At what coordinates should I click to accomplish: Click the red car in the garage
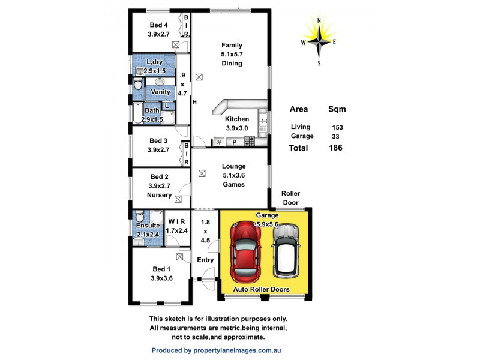pyautogui.click(x=245, y=252)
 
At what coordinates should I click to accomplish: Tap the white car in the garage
pyautogui.click(x=286, y=250)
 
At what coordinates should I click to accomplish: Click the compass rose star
pyautogui.click(x=319, y=40)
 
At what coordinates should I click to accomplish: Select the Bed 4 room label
pyautogui.click(x=158, y=25)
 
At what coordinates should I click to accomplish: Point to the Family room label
pyautogui.click(x=232, y=45)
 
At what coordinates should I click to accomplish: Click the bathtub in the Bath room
pyautogui.click(x=138, y=113)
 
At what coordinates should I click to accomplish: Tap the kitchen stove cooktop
pyautogui.click(x=249, y=141)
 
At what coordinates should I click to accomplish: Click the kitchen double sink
pyautogui.click(x=263, y=122)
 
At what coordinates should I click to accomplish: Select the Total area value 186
pyautogui.click(x=335, y=148)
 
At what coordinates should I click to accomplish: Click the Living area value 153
pyautogui.click(x=337, y=127)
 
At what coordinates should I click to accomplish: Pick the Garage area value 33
pyautogui.click(x=335, y=137)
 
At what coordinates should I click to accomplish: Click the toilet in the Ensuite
pyautogui.click(x=140, y=216)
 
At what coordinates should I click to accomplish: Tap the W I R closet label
pyautogui.click(x=176, y=221)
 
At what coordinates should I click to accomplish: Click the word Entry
pyautogui.click(x=205, y=260)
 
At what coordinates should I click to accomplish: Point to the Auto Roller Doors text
pyautogui.click(x=261, y=289)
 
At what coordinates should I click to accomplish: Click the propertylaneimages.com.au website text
pyautogui.click(x=237, y=350)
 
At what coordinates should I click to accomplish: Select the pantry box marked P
pyautogui.click(x=235, y=142)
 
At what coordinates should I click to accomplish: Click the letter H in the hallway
pyautogui.click(x=194, y=102)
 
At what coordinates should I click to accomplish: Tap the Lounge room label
pyautogui.click(x=233, y=166)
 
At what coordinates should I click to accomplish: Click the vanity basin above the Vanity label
pyautogui.click(x=160, y=82)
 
